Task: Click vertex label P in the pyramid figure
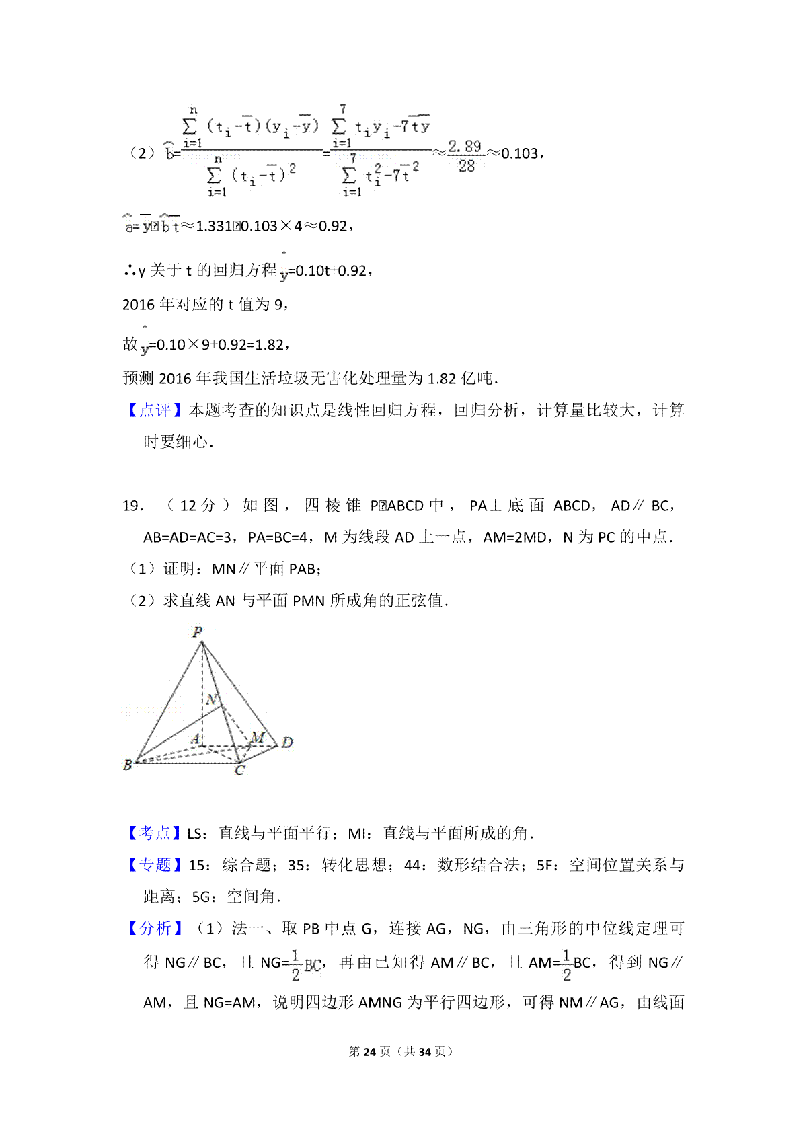(198, 632)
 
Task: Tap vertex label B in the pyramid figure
(128, 765)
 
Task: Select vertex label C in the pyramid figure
(240, 771)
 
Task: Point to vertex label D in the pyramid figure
(287, 743)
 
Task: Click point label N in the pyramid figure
(213, 699)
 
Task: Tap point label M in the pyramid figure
(258, 737)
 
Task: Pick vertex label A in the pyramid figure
(195, 739)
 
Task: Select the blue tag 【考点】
(155, 833)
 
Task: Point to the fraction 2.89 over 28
(465, 156)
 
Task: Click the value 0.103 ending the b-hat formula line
(519, 154)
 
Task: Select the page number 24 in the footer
(369, 1051)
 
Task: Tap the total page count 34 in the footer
(424, 1051)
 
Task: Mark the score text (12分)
(198, 506)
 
